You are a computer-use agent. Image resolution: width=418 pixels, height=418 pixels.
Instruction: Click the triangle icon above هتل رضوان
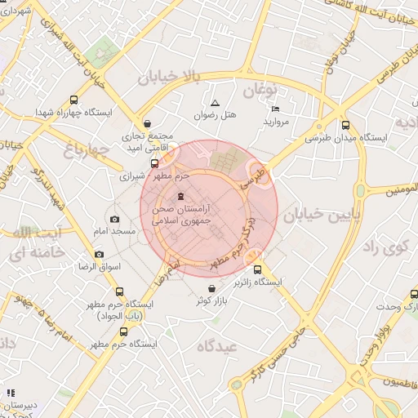pyautogui.click(x=215, y=103)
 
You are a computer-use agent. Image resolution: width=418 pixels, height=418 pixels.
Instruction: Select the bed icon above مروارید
pyautogui.click(x=275, y=109)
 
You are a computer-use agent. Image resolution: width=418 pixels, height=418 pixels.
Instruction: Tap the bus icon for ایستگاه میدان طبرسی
pyautogui.click(x=345, y=125)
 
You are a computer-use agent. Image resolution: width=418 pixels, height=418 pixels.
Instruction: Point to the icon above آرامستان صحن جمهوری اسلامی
pyautogui.click(x=181, y=196)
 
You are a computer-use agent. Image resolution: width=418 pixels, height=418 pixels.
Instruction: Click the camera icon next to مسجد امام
pyautogui.click(x=114, y=219)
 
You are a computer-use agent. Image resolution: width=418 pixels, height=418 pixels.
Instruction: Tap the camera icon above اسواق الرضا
pyautogui.click(x=99, y=254)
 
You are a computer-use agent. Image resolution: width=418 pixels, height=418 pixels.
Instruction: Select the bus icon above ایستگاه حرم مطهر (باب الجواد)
pyautogui.click(x=120, y=291)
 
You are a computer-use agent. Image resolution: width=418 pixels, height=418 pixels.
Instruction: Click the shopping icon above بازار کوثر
pyautogui.click(x=212, y=288)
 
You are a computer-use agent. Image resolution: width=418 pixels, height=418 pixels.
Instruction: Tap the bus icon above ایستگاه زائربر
pyautogui.click(x=258, y=269)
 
